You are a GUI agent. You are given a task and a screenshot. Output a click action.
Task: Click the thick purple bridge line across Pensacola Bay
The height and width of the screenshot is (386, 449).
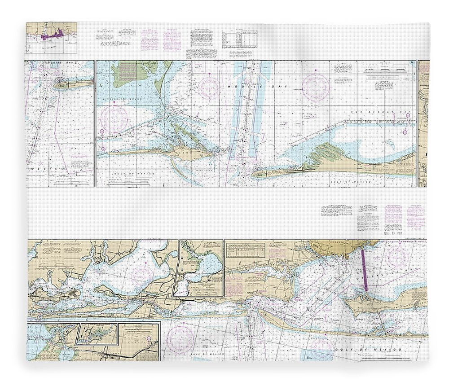point(364,269)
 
